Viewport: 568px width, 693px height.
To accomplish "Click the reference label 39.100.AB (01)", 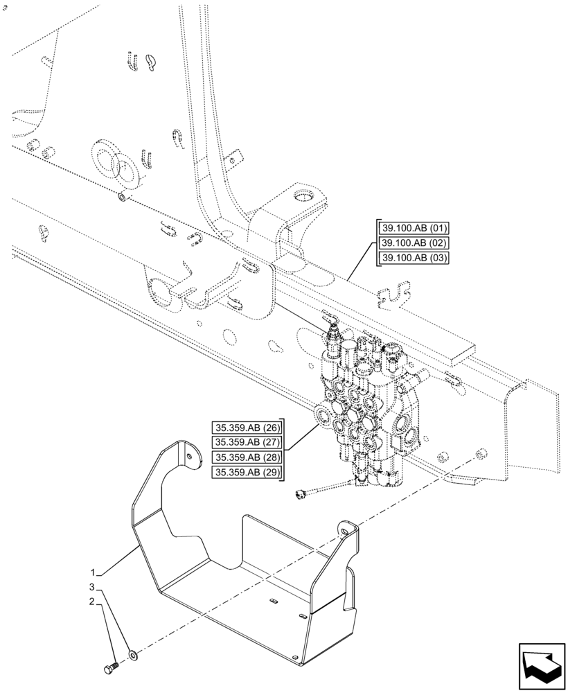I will click(x=414, y=228).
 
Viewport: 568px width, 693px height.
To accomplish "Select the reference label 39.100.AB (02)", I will click(x=414, y=243).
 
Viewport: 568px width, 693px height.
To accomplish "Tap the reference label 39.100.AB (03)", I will click(x=414, y=258).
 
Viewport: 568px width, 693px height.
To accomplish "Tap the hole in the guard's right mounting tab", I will click(x=342, y=530).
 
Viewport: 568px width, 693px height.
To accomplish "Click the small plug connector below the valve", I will click(x=300, y=493).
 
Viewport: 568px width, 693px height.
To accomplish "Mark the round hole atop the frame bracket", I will click(x=302, y=196).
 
